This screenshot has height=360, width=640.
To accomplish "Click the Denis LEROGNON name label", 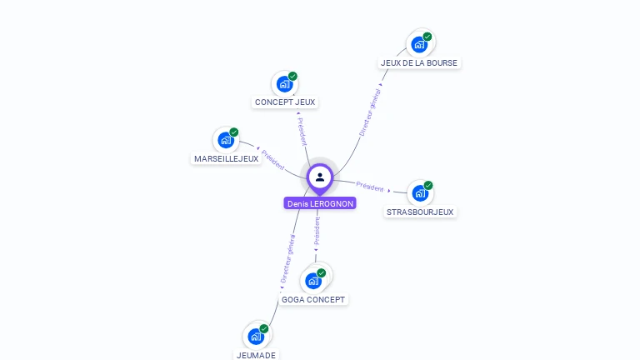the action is [320, 203].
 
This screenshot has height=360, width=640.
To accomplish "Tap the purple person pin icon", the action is [320, 177].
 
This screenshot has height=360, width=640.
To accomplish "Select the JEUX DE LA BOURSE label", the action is [419, 62].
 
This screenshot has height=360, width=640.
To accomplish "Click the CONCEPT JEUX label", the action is [286, 102].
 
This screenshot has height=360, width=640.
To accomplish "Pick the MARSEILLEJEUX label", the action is [227, 158].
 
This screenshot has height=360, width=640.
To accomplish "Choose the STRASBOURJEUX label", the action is [420, 212].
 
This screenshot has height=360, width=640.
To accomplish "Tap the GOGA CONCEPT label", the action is [313, 299].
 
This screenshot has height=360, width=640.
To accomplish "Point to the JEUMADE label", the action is [256, 355].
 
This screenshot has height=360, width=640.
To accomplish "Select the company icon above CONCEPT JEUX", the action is [285, 83].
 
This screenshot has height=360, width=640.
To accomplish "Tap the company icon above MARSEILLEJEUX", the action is [226, 139].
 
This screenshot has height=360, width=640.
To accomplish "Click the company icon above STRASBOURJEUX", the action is [420, 192].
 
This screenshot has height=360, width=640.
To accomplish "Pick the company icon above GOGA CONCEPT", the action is [313, 280].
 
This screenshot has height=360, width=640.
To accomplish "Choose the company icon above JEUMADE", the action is [256, 337].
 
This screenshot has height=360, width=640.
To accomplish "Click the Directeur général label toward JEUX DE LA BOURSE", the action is [369, 112].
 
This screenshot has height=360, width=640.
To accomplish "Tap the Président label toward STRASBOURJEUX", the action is [370, 187].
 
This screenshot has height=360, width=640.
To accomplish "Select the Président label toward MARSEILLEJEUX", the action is [272, 160].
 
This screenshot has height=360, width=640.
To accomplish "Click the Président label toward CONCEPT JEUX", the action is [302, 132].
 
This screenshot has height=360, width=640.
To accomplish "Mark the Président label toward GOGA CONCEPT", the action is [317, 231].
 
